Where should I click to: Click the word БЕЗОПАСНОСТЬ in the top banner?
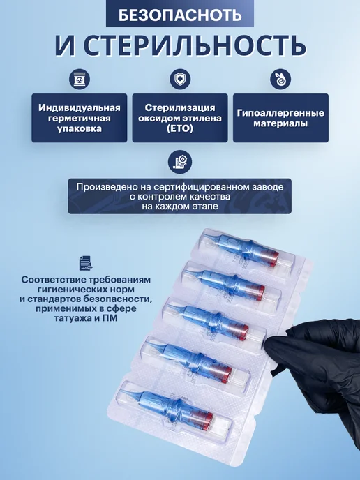click(180, 15)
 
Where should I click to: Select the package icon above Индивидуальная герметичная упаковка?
click(80, 79)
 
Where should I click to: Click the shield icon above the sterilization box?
click(180, 79)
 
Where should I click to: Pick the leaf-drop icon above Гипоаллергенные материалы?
click(280, 79)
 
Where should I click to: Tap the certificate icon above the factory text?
click(180, 163)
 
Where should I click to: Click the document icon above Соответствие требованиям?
click(86, 263)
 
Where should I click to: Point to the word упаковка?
click(80, 128)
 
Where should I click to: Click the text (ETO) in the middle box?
click(180, 128)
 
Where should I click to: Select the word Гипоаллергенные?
click(280, 113)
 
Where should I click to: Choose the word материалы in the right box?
click(280, 123)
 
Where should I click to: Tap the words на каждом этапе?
click(180, 206)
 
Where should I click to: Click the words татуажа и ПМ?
click(86, 317)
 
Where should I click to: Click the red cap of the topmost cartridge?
click(273, 258)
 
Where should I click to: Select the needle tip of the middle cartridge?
click(168, 306)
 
